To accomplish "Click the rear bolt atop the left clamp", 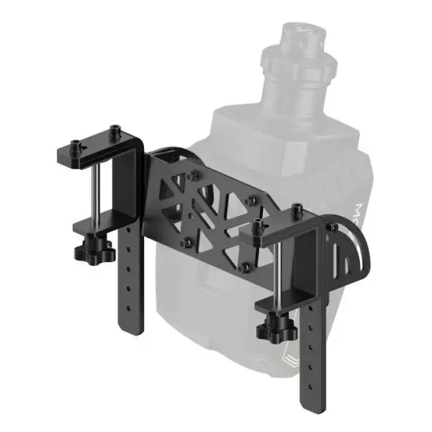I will click(113, 130).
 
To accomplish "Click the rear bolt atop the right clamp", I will click(295, 211).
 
